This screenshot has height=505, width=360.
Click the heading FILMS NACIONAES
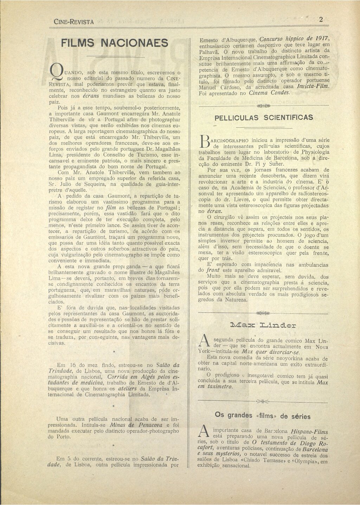click(x=114, y=43)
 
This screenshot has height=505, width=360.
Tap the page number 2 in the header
click(x=321, y=20)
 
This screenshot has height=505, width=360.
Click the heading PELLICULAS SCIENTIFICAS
click(x=263, y=117)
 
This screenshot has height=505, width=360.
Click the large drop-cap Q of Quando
click(x=54, y=71)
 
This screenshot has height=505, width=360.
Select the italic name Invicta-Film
click(x=313, y=86)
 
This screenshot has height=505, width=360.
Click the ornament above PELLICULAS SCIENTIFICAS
click(x=263, y=105)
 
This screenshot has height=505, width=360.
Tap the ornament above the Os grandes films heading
click(x=263, y=401)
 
